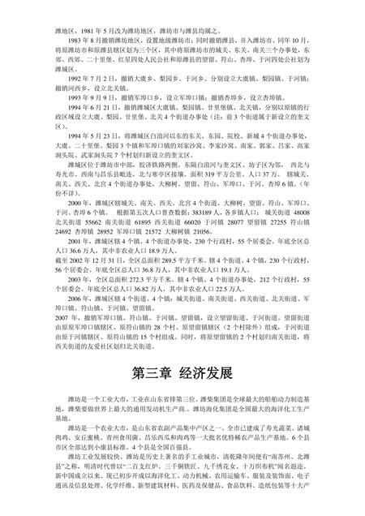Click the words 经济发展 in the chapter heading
(x=207, y=376)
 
